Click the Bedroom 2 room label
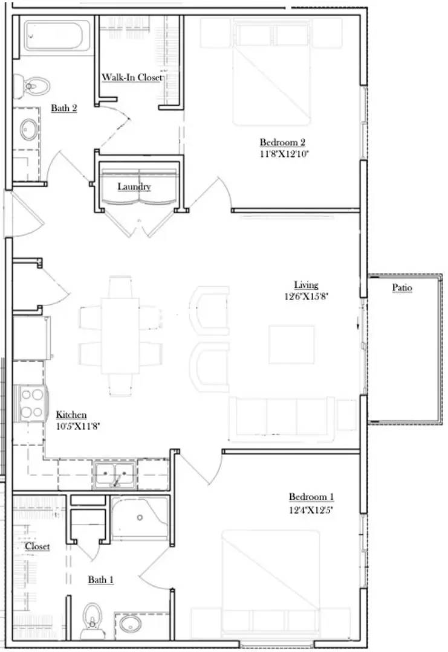coord(282,142)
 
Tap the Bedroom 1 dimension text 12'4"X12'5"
coord(311,510)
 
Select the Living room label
coord(306,285)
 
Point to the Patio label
coord(402,288)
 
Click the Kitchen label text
coord(71,415)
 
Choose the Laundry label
coord(134,187)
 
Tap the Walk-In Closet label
coord(132,77)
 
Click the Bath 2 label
coord(63,109)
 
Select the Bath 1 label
coord(101,580)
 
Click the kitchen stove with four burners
coord(31,404)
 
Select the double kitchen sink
coord(114,475)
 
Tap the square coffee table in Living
coord(291,345)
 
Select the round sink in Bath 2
coord(28,128)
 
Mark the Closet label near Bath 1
coord(37,546)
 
